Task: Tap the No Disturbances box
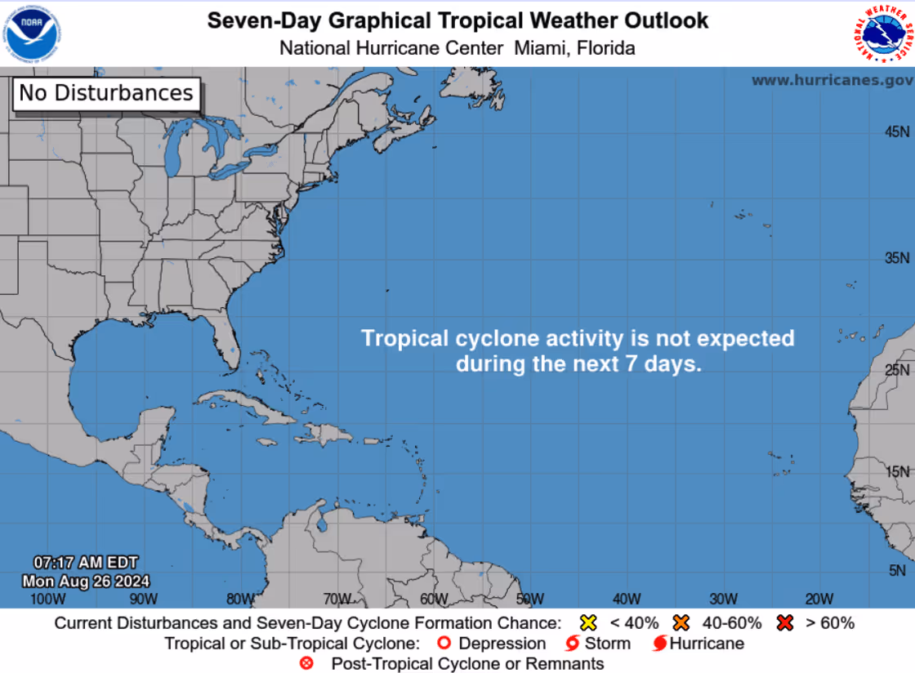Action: click(106, 93)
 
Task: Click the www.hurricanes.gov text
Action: click(832, 80)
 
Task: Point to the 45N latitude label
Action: click(898, 131)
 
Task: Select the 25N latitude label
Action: click(898, 370)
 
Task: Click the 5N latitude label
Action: click(898, 570)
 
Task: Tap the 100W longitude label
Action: click(47, 599)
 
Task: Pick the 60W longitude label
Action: click(434, 599)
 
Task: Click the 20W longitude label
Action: click(819, 599)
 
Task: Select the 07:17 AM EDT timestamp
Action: click(85, 563)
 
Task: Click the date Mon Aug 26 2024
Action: click(86, 582)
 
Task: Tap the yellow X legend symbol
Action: click(587, 623)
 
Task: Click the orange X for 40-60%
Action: click(681, 623)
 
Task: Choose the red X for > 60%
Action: click(786, 623)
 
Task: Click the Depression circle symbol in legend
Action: click(444, 644)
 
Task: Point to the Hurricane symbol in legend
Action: click(659, 644)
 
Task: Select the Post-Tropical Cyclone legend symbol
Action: click(307, 664)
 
